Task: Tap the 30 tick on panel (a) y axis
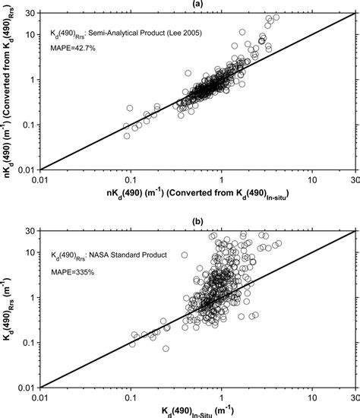tap(29, 14)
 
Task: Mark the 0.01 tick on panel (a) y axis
tap(26, 169)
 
